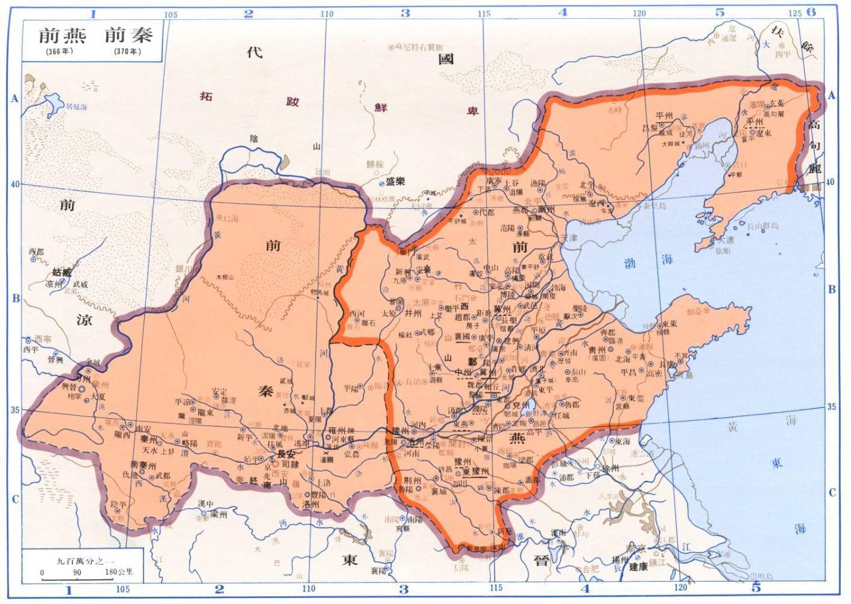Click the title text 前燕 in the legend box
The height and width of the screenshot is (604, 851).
click(x=62, y=36)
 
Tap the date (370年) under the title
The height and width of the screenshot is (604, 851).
click(x=127, y=52)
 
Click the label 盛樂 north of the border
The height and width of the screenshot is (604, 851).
click(x=396, y=181)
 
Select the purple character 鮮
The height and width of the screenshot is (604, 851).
click(x=381, y=107)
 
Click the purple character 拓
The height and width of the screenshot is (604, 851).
click(x=206, y=96)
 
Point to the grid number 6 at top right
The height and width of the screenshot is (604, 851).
click(x=811, y=11)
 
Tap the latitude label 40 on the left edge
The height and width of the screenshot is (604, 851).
click(x=14, y=184)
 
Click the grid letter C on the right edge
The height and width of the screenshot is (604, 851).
click(x=832, y=492)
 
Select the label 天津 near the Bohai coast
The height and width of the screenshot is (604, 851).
click(x=568, y=238)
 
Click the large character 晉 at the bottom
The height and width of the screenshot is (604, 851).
click(x=541, y=559)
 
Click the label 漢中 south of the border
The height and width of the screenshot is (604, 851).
click(x=206, y=504)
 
